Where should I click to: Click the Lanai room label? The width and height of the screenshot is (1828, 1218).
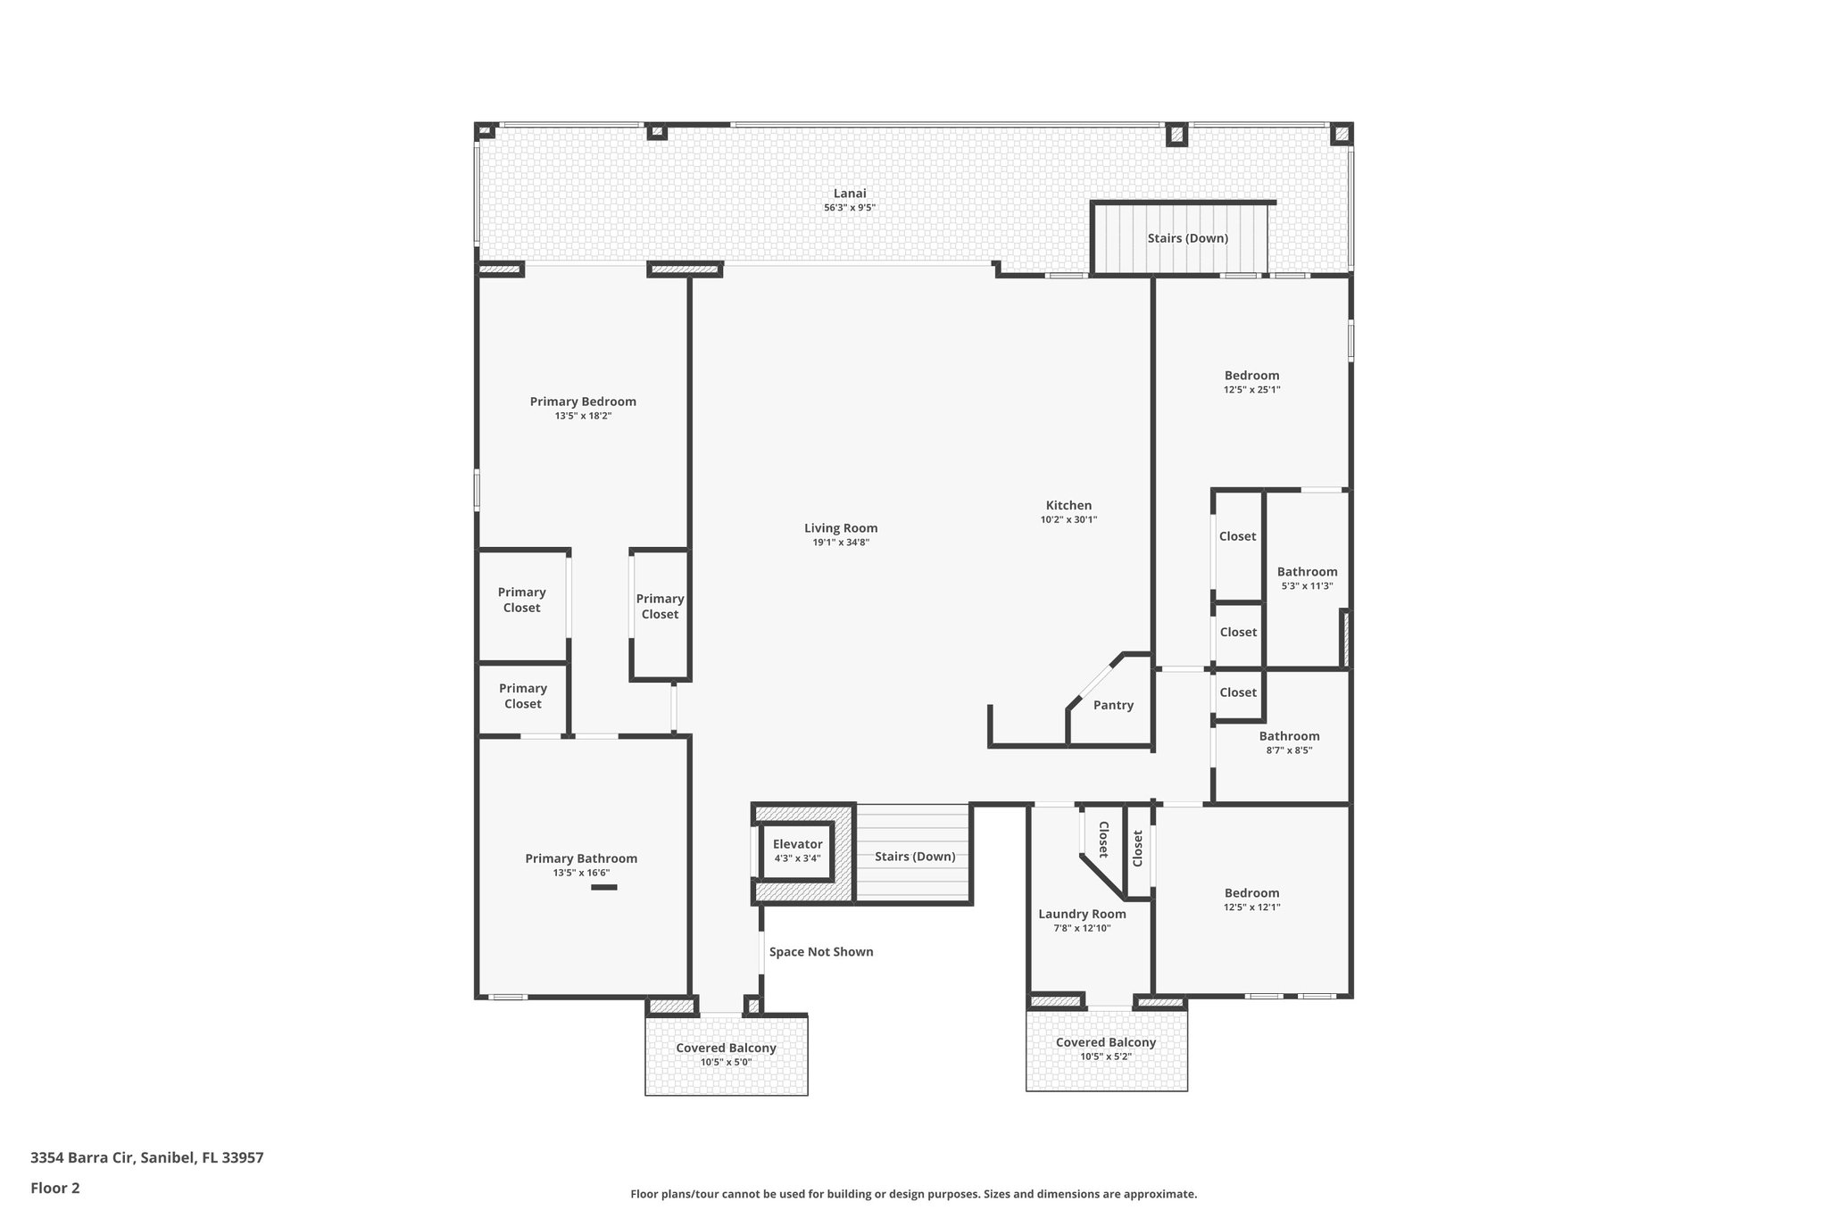(x=850, y=194)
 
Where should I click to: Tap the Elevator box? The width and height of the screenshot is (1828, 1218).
(x=797, y=850)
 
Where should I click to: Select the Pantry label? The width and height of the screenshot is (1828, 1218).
(x=1113, y=705)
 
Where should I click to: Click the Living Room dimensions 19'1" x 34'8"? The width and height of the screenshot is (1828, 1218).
(x=841, y=543)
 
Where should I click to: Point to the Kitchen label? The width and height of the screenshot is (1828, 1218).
(x=1068, y=505)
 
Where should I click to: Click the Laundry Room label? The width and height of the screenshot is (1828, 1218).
(x=1082, y=914)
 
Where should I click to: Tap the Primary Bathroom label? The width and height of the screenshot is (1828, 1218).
(x=581, y=858)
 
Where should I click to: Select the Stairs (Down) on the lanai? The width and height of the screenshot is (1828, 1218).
(x=1187, y=238)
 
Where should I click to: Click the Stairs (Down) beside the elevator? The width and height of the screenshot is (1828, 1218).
(x=915, y=857)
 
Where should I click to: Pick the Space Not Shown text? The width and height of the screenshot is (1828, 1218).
(x=821, y=952)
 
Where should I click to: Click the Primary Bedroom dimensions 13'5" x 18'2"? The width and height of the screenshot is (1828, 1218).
(x=583, y=416)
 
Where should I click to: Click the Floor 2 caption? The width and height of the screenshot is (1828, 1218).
(x=55, y=1188)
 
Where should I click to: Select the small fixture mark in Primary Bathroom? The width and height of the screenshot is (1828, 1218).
(x=604, y=887)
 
